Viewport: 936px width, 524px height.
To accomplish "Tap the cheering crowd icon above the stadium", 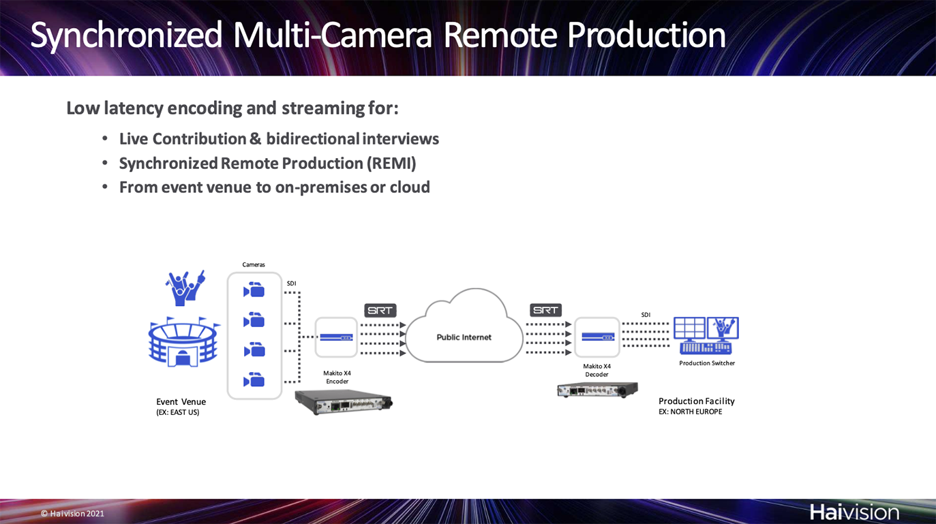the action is coord(185,288).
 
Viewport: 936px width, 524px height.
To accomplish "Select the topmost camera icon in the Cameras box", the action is coord(254,290).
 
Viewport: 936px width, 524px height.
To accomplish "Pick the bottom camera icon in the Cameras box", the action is coord(254,380).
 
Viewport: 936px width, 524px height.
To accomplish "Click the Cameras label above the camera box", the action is coord(254,264).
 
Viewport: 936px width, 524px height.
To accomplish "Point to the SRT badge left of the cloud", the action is coord(380,311).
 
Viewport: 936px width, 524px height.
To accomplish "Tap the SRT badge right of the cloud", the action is coord(546,310).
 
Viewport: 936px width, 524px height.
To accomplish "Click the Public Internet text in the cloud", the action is coord(464,337).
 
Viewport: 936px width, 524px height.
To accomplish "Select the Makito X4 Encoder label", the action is coord(337,377).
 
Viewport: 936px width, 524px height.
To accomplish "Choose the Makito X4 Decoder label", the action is coord(597,371).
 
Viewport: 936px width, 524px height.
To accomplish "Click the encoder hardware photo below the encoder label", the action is coord(344,401).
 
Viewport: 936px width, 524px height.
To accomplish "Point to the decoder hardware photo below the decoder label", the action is coord(598,390).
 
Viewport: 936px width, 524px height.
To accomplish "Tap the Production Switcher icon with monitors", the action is coord(706,335).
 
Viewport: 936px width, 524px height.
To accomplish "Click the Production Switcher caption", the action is coord(707,363).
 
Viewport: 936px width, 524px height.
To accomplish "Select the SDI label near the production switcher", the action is coord(646,315).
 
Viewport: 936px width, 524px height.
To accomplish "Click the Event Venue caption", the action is coord(181,402).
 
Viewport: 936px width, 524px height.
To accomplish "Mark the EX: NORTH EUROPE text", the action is coord(691,412).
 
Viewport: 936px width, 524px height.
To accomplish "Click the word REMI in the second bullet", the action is coord(391,164).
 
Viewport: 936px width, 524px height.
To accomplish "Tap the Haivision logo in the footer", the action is coord(854,512).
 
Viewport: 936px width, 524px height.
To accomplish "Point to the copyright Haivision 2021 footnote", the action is coord(72,514).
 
